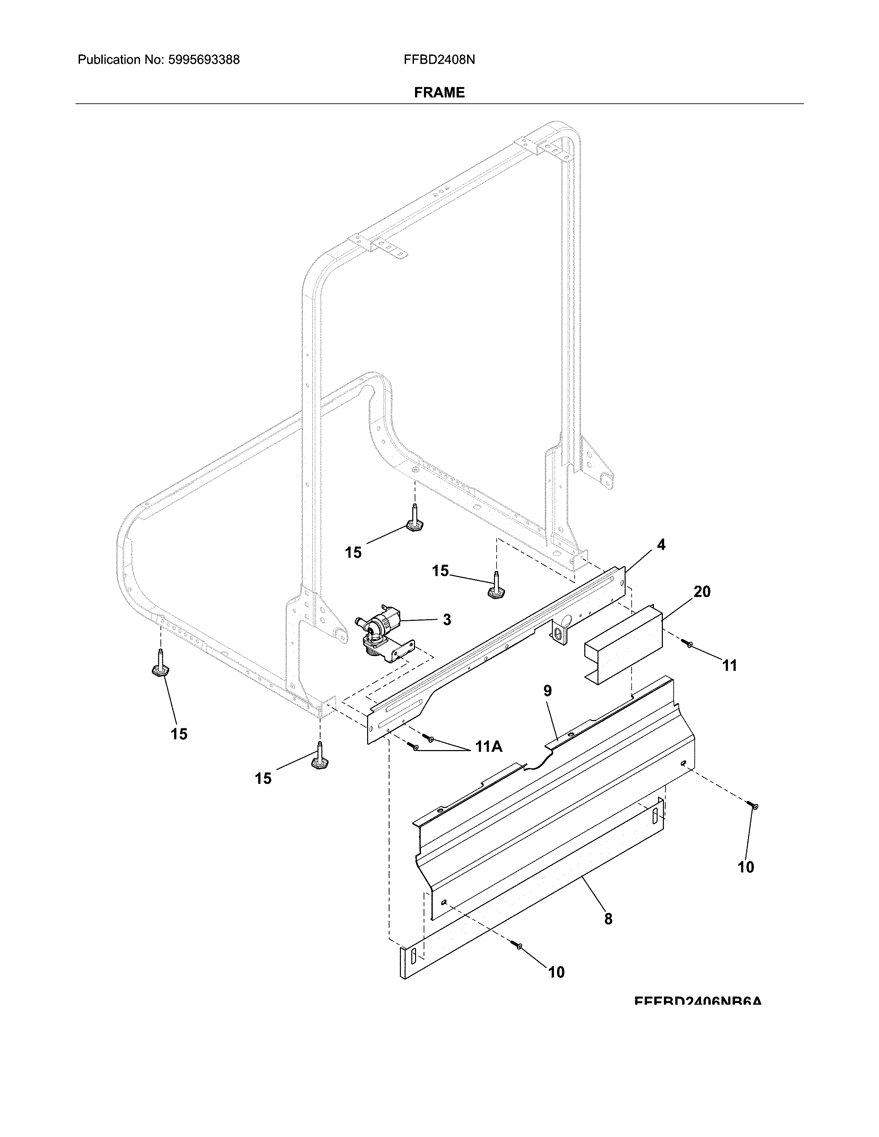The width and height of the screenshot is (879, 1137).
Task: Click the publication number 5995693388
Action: click(x=204, y=60)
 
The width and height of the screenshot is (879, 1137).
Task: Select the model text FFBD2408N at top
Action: click(x=439, y=60)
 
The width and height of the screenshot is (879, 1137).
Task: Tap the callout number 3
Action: click(x=446, y=619)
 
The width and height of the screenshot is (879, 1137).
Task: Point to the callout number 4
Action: click(x=661, y=545)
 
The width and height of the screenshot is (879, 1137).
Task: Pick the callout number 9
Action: click(x=547, y=691)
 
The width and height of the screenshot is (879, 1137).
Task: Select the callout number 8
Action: click(x=608, y=919)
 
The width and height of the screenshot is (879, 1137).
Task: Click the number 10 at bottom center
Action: click(x=556, y=972)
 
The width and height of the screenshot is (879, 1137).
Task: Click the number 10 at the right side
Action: click(x=746, y=867)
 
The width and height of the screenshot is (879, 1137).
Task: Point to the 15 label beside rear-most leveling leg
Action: click(x=353, y=552)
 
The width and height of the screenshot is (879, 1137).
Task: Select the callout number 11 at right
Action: click(x=729, y=665)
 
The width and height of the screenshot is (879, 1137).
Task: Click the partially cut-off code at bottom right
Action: click(x=698, y=1001)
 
